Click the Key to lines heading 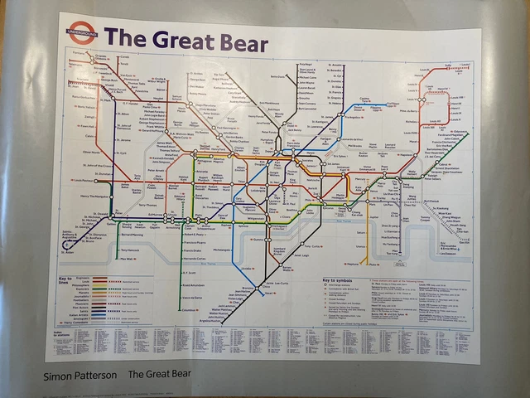pyautogui.click(x=66, y=279)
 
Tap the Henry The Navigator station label pyautogui.click(x=96, y=196)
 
